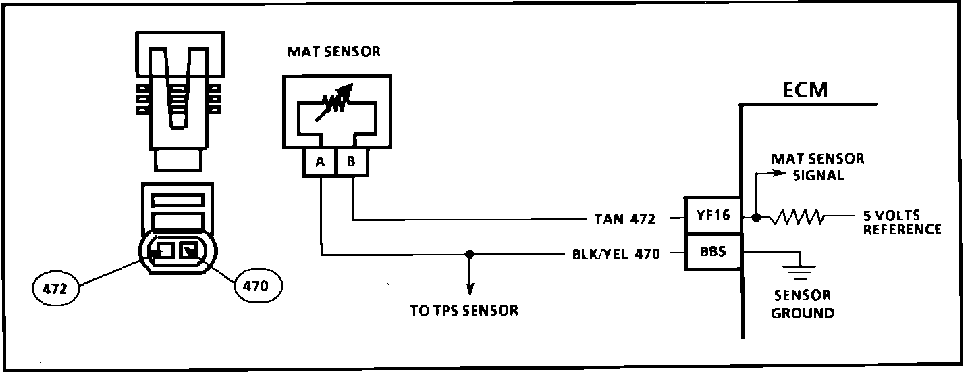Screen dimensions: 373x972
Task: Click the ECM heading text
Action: (x=805, y=91)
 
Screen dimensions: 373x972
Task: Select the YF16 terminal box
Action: (x=713, y=217)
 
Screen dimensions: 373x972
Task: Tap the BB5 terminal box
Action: (x=713, y=253)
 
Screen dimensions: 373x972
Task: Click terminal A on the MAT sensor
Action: (x=319, y=162)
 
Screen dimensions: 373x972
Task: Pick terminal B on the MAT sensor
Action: (x=351, y=162)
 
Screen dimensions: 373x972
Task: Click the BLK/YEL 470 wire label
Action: (x=612, y=255)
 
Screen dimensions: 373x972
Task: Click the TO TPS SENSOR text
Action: (x=464, y=311)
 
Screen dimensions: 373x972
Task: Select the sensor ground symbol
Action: (x=799, y=272)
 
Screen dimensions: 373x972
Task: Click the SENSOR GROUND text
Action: (x=803, y=304)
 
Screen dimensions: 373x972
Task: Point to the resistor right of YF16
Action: (x=799, y=218)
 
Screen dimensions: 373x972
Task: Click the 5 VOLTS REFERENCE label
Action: (x=902, y=224)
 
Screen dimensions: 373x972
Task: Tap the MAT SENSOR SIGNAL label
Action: (x=818, y=167)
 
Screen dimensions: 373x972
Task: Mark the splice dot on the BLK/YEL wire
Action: (x=470, y=255)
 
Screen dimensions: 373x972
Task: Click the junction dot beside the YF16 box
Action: (x=757, y=218)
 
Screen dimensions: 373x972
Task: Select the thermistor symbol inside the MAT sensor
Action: (x=335, y=103)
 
